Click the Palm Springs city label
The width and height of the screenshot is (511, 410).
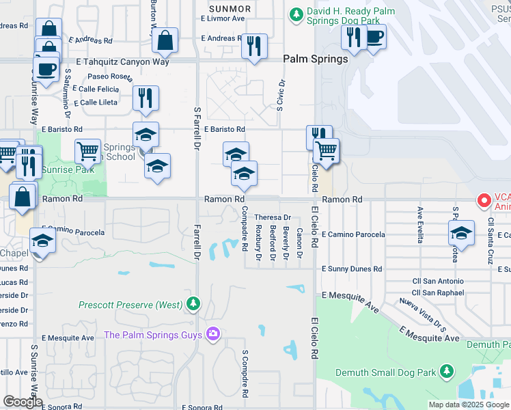[316, 59]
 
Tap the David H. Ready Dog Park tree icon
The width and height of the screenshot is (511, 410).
[295, 13]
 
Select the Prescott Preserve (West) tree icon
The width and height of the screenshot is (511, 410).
[194, 303]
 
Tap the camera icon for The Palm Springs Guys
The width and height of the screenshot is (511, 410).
[213, 334]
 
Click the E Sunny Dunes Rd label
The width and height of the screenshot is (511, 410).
[351, 270]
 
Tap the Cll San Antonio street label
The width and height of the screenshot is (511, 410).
[438, 281]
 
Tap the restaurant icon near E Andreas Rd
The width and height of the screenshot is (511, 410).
[254, 46]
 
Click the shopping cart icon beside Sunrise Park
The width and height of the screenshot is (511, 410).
[87, 151]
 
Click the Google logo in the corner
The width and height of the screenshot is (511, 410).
[23, 402]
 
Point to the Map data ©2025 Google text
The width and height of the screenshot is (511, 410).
[469, 405]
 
